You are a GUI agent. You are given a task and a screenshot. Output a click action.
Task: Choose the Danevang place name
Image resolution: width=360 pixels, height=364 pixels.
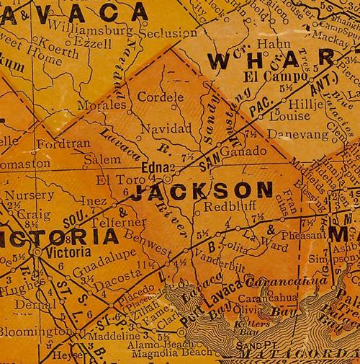(290, 133)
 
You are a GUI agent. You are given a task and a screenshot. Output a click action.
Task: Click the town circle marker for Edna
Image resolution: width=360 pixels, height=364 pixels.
(168, 175)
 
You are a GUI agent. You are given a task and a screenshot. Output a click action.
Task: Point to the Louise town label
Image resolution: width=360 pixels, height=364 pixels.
(283, 115)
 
